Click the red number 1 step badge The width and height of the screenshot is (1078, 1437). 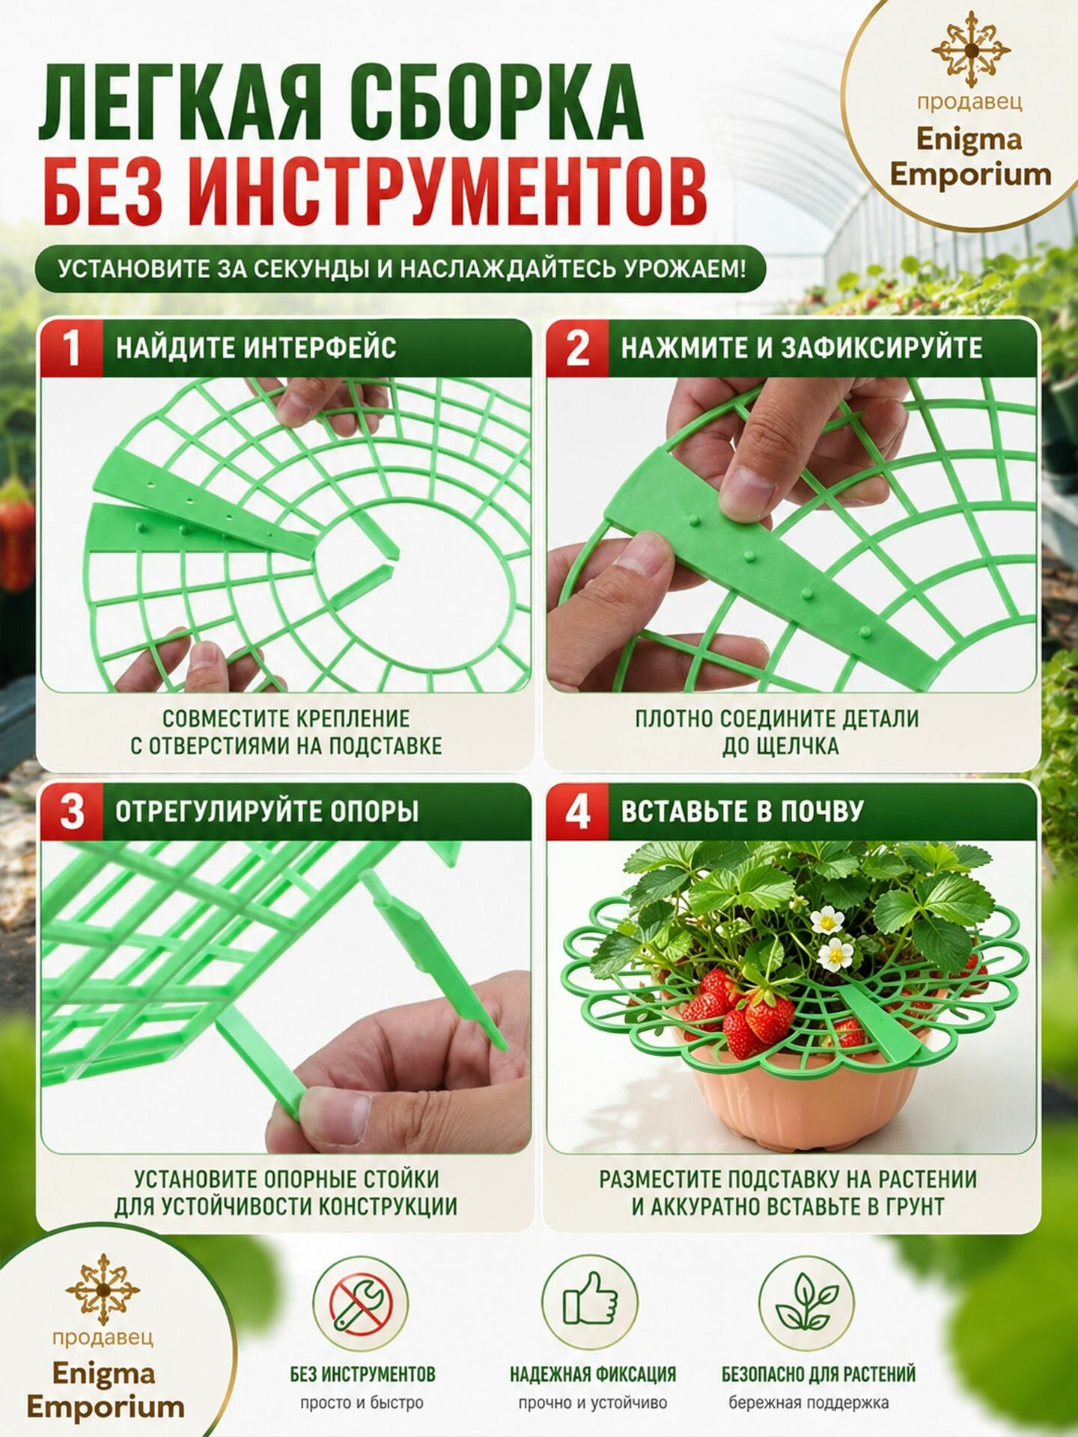(x=71, y=348)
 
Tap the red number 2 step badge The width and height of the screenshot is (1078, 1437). (x=577, y=348)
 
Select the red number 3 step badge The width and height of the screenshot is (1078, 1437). (x=72, y=812)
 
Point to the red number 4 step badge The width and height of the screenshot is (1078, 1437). (x=577, y=812)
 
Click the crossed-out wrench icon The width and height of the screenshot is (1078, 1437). (x=360, y=1305)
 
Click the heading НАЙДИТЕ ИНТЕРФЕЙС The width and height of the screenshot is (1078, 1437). (x=256, y=348)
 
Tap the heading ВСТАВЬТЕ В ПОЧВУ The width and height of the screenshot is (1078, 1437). (x=742, y=812)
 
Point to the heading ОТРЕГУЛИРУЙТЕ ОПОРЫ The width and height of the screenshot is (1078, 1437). (x=267, y=812)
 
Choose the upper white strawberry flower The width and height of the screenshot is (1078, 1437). (x=827, y=921)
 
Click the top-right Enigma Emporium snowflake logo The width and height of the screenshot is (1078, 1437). (x=970, y=49)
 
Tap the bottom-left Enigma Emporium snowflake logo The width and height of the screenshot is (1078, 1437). (x=103, y=1290)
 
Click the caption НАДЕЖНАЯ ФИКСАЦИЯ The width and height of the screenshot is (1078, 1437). (x=593, y=1375)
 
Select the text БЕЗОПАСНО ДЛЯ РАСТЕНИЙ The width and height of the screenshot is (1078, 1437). (x=818, y=1375)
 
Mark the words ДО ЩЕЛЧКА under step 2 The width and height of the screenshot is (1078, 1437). (x=779, y=746)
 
